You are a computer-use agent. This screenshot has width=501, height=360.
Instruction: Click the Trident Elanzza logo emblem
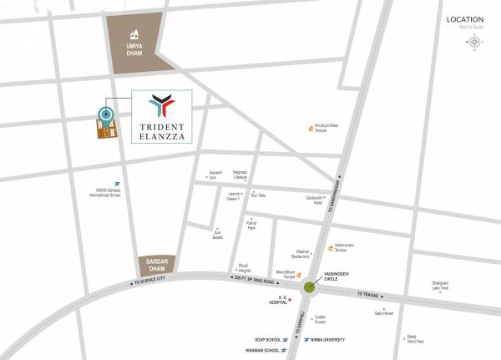pyautogui.click(x=161, y=105)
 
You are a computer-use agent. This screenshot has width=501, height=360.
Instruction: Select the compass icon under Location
pyautogui.click(x=474, y=41)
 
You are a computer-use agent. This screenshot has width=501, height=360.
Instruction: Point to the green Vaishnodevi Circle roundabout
pyautogui.click(x=310, y=287)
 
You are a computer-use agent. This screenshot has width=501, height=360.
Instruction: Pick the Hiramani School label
pyautogui.click(x=264, y=352)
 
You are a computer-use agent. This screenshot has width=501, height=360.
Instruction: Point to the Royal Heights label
pyautogui.click(x=244, y=267)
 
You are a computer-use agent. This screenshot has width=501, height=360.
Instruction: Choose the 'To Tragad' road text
pyautogui.click(x=368, y=294)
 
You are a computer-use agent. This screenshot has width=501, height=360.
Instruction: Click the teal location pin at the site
pyautogui.click(x=105, y=115)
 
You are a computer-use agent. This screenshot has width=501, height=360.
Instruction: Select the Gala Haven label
pyautogui.click(x=384, y=312)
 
